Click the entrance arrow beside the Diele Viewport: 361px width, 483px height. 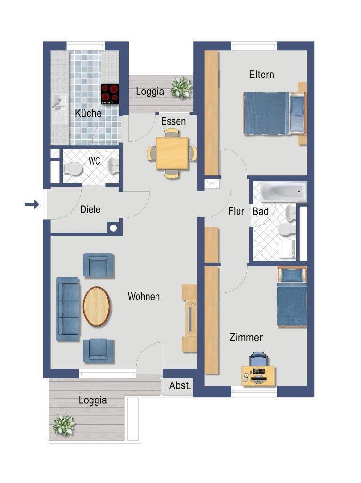pos(33,204)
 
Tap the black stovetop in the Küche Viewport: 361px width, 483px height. pos(110,94)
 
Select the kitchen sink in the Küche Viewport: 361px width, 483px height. pos(59,108)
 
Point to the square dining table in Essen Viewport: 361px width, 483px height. pos(172,153)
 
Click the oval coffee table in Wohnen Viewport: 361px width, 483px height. pos(97,306)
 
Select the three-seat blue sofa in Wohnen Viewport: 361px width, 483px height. pos(68,309)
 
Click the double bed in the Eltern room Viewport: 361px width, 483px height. pos(275,113)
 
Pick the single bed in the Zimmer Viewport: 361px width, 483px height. pos(292,297)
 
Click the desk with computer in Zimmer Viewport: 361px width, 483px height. pos(258,375)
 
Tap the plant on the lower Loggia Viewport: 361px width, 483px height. pos(64,425)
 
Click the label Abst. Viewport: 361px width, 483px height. pos(180,385)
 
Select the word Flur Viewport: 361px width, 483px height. pos(236,211)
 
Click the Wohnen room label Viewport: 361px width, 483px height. pos(144,297)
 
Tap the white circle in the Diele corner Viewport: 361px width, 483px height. pos(114,228)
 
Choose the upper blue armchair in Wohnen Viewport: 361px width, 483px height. pos(98,266)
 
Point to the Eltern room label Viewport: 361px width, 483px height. pos(262,74)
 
